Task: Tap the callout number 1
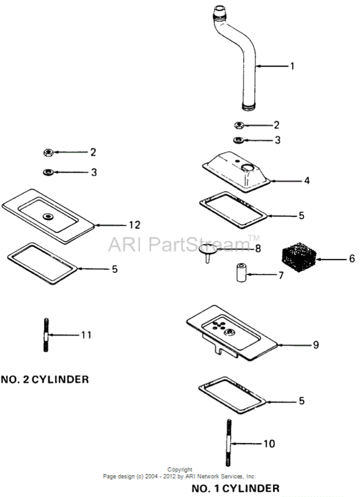292,66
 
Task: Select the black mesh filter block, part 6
299,257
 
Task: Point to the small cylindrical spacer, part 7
242,272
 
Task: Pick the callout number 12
134,225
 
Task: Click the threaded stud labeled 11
46,335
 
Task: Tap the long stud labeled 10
229,442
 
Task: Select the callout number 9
316,345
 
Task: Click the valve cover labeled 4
236,171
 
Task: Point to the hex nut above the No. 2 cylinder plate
48,152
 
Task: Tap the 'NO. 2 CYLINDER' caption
45,379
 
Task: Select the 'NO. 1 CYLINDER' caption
236,488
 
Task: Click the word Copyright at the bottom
180,470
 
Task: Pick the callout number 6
352,258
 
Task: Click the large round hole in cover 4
247,167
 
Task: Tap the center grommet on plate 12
48,217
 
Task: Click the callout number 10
269,444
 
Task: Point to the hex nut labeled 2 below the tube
239,125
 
